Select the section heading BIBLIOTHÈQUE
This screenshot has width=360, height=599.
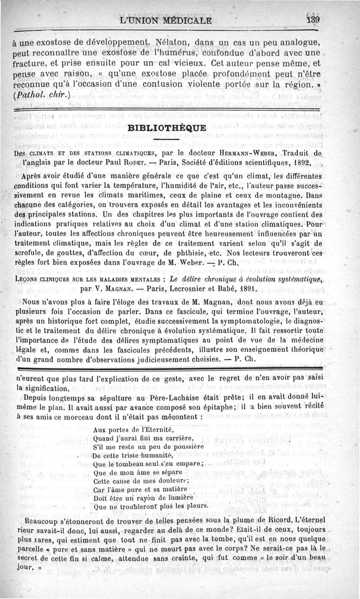click(167, 128)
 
